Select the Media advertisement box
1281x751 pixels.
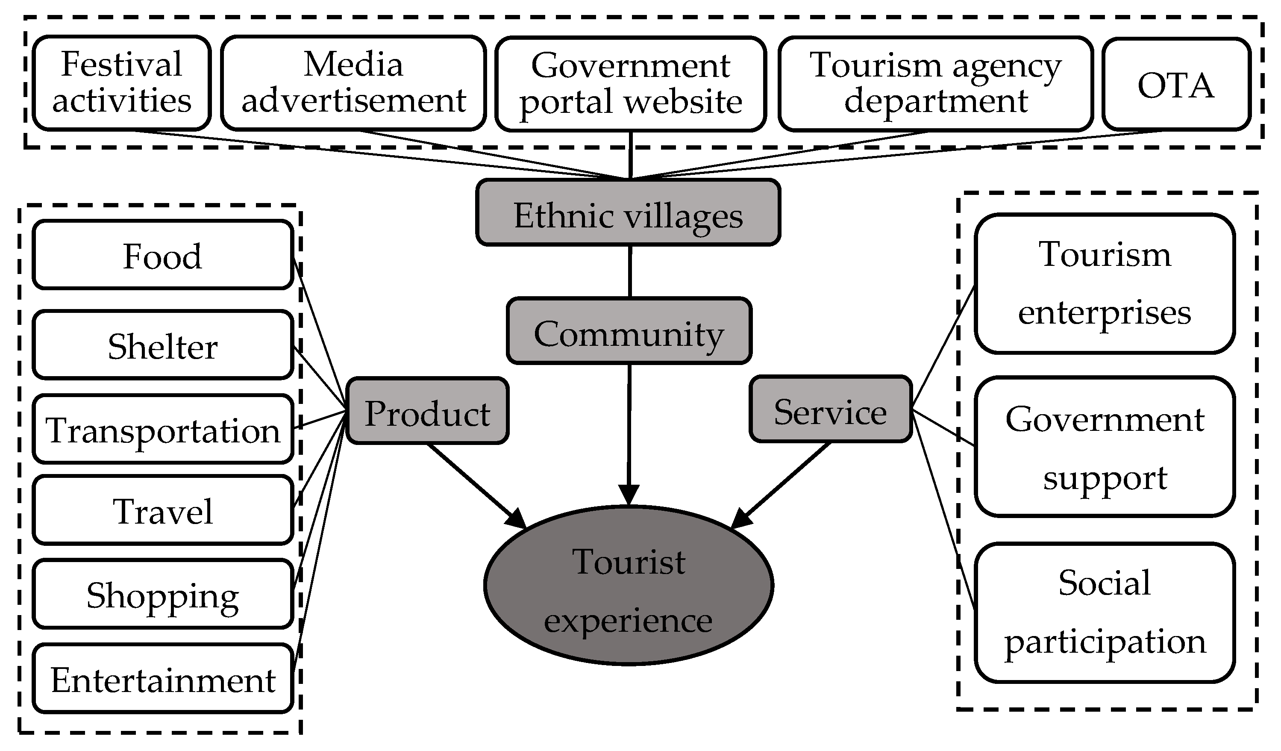tap(353, 83)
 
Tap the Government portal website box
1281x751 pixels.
tap(630, 84)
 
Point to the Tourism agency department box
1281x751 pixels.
tap(935, 84)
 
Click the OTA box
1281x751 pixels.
tap(1176, 84)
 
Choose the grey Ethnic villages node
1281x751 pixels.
tap(628, 212)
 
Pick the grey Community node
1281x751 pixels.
tap(629, 331)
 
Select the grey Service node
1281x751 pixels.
tap(831, 409)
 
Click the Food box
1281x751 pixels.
tap(163, 255)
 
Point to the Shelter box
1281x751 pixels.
tap(163, 345)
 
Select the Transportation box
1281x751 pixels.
tap(163, 429)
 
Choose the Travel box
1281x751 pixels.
tap(163, 510)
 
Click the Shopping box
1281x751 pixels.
tap(163, 594)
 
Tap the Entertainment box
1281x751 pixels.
tap(163, 678)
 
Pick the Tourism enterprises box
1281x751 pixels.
tap(1105, 283)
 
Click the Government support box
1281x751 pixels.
tap(1105, 447)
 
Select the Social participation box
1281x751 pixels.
tap(1105, 612)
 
